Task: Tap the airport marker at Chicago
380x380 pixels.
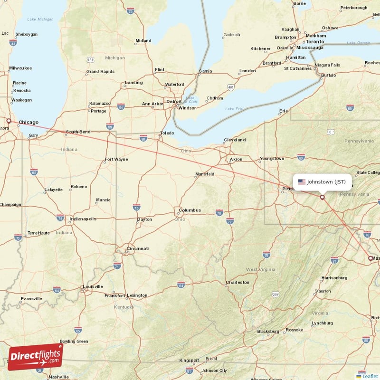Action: [9, 121]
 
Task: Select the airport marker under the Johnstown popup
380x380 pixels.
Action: [323, 197]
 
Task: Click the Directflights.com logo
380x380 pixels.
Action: [35, 357]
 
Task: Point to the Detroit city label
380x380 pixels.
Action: [174, 101]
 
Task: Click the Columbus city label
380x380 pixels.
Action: [190, 210]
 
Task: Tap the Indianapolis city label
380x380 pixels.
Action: [83, 219]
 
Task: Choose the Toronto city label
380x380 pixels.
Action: [314, 42]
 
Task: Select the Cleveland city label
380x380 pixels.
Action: [235, 140]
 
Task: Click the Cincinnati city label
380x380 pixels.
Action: [138, 248]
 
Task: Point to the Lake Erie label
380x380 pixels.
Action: [233, 109]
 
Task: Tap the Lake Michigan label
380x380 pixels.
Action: [41, 19]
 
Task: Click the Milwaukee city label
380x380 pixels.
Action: [20, 68]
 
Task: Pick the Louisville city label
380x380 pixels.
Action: [93, 286]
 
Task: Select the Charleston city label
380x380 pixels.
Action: [237, 282]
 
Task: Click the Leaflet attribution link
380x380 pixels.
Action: [370, 376]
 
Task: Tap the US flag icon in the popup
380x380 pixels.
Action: [302, 181]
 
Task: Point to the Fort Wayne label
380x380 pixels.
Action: [116, 159]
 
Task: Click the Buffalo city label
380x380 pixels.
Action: [328, 75]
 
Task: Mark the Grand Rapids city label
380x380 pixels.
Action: [100, 72]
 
